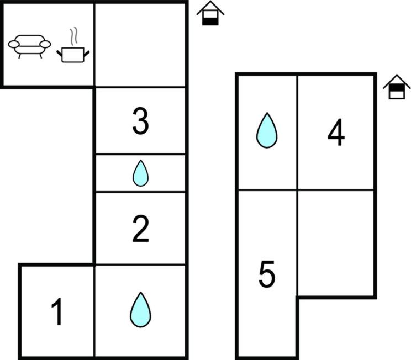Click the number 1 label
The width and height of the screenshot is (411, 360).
pos(57,311)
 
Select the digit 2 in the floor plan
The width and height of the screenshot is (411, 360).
pos(141,229)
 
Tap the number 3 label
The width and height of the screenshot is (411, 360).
pos(141,121)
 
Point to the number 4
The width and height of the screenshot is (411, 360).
pos(336,132)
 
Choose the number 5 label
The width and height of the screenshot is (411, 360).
pos(267,274)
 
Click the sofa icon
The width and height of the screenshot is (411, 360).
pos(29,46)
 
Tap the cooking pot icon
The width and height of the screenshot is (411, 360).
pos(73,55)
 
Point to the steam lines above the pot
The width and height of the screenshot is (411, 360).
pos(74,36)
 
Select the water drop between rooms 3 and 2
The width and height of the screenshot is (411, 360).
pos(140,173)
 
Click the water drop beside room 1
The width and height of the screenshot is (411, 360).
pos(140,310)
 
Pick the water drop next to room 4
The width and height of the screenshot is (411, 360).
pos(267,130)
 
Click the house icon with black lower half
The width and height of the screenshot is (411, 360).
pos(210,13)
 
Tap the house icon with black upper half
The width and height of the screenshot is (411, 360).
pos(397,87)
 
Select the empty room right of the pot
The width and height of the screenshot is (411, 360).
pos(140,45)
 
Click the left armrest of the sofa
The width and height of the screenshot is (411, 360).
pos(14,44)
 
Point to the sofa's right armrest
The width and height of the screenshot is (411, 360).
pos(45,44)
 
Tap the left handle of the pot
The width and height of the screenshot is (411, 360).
pos(60,54)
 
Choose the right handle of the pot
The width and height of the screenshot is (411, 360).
pos(87,54)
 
